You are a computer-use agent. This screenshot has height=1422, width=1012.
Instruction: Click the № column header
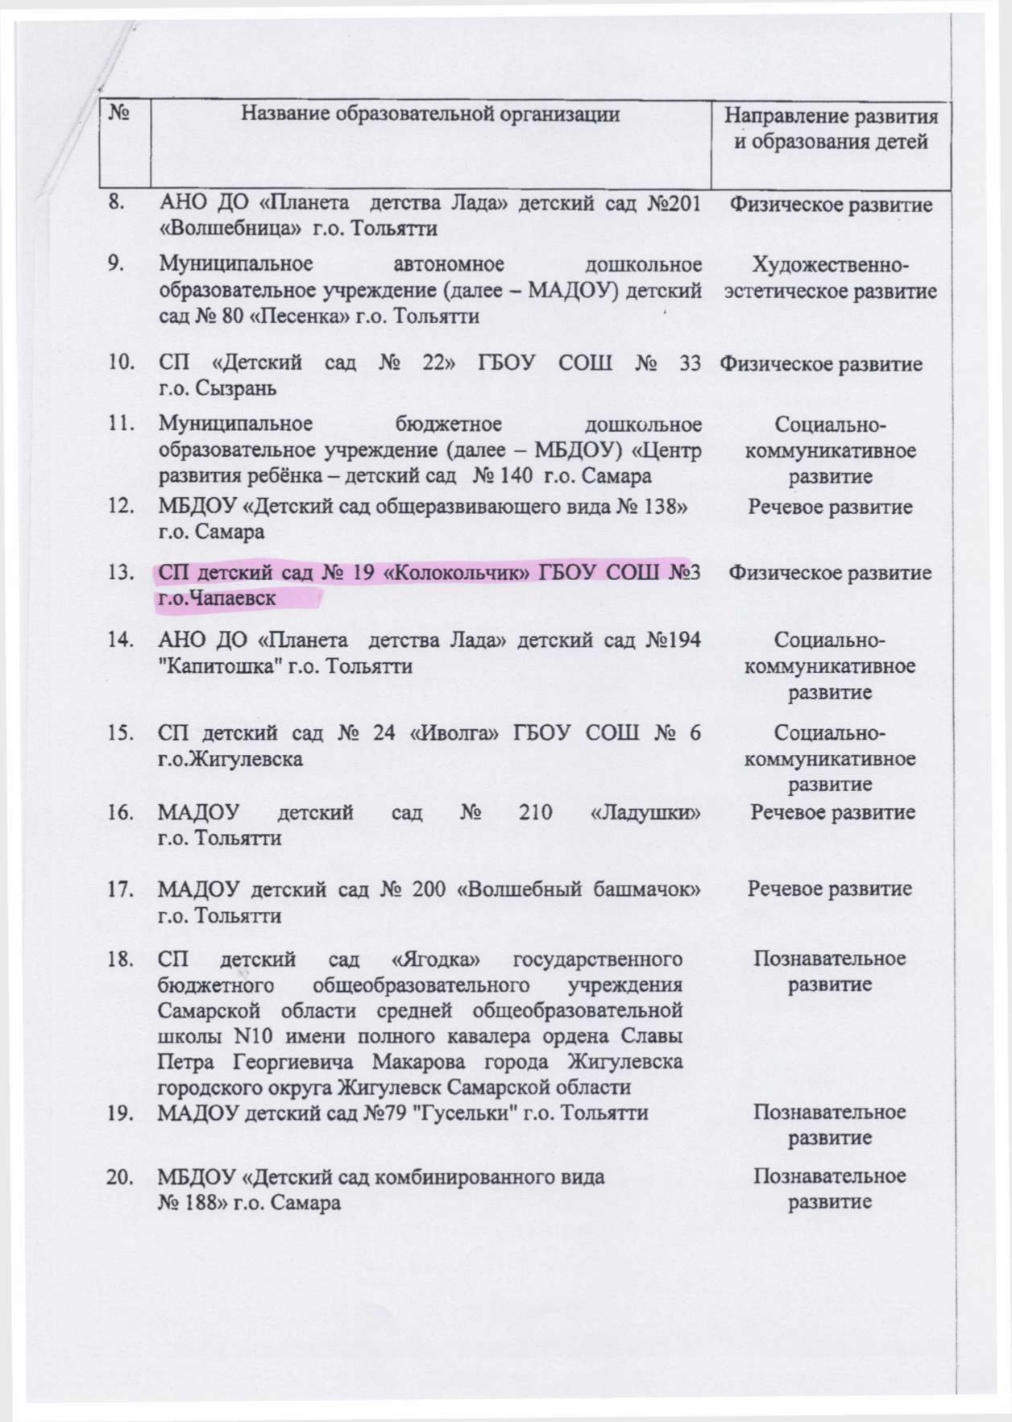(x=120, y=114)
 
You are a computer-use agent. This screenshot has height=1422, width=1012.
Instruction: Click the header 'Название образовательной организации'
(x=430, y=114)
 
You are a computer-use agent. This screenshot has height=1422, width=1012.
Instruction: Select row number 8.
(x=118, y=202)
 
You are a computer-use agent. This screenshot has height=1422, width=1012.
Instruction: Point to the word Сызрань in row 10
(x=238, y=388)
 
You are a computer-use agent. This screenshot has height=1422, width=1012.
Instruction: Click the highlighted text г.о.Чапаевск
(x=217, y=599)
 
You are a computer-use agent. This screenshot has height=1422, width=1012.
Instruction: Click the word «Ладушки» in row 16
(x=645, y=812)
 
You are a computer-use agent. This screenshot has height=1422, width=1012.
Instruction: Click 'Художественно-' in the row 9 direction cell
(x=830, y=265)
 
